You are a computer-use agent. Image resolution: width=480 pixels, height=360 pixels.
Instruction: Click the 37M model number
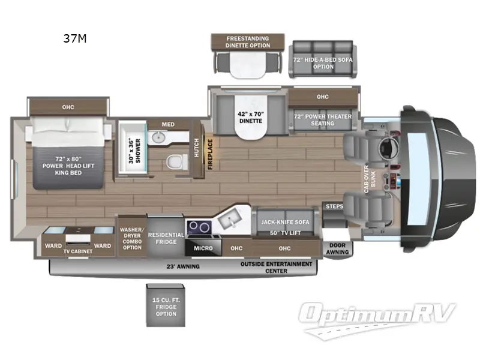(x=76, y=40)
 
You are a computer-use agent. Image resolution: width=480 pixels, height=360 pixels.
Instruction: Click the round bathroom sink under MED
(x=157, y=137)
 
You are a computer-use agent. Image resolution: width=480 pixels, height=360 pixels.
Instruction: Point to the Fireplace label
(x=210, y=155)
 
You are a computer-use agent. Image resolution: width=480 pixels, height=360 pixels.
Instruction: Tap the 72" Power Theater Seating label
(x=323, y=120)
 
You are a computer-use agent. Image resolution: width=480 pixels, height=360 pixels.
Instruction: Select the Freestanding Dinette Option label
(x=248, y=42)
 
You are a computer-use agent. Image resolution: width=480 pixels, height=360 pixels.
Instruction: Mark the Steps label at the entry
(x=334, y=207)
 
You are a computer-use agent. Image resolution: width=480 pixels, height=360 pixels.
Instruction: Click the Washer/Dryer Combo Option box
(x=131, y=238)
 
